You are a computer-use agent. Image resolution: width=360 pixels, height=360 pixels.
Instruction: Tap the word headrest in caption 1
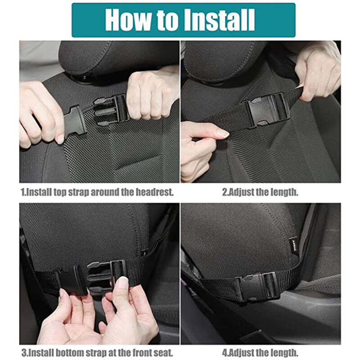(x=154, y=192)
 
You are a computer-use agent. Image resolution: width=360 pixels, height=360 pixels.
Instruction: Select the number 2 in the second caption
(x=224, y=192)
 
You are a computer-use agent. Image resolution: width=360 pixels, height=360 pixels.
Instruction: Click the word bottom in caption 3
(x=70, y=352)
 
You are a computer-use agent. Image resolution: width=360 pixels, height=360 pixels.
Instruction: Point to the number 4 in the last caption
(x=225, y=352)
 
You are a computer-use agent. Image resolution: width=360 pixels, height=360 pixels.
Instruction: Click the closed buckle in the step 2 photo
(x=268, y=109)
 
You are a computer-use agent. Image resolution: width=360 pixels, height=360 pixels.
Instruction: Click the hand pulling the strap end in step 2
(x=318, y=73)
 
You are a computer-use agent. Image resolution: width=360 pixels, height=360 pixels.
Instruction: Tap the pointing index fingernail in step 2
(x=222, y=133)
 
